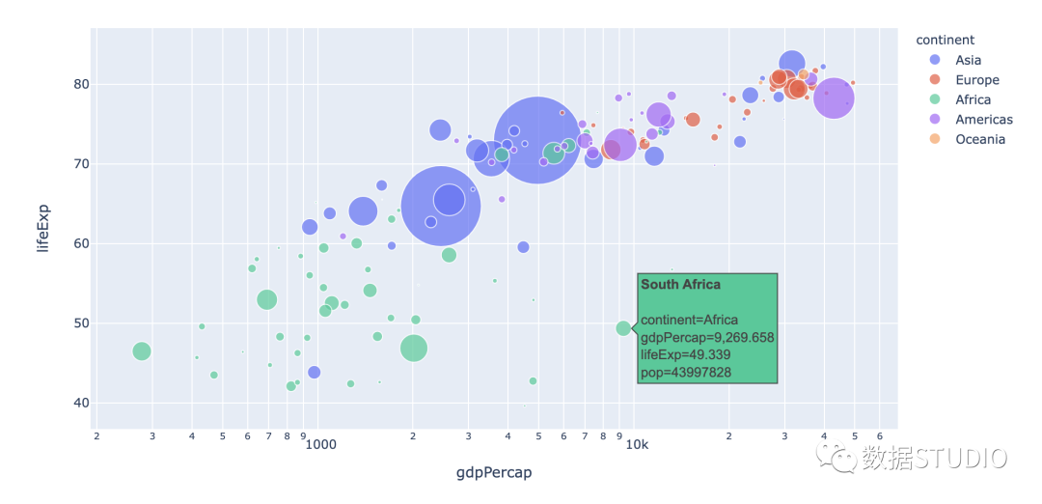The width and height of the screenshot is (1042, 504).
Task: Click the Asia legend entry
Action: click(968, 60)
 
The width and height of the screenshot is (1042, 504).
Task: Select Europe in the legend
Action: click(976, 80)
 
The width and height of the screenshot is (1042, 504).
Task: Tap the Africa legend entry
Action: click(973, 99)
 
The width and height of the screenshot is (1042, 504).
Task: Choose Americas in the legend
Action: click(983, 120)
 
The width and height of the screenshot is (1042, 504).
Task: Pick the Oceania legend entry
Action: click(980, 139)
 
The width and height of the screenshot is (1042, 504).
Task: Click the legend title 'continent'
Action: click(945, 40)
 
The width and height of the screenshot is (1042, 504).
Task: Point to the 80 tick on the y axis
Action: click(80, 84)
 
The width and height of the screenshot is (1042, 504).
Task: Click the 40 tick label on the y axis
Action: click(80, 403)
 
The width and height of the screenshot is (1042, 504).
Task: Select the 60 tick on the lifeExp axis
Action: click(80, 243)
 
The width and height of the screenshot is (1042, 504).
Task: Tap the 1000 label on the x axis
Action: click(320, 445)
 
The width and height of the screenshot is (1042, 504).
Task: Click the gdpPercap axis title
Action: click(494, 473)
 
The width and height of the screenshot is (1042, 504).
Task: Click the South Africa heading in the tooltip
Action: click(680, 285)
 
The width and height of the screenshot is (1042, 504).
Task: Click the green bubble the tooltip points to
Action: click(623, 328)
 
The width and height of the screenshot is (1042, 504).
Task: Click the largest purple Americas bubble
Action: click(834, 98)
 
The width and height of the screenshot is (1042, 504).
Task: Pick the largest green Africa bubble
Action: click(414, 349)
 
